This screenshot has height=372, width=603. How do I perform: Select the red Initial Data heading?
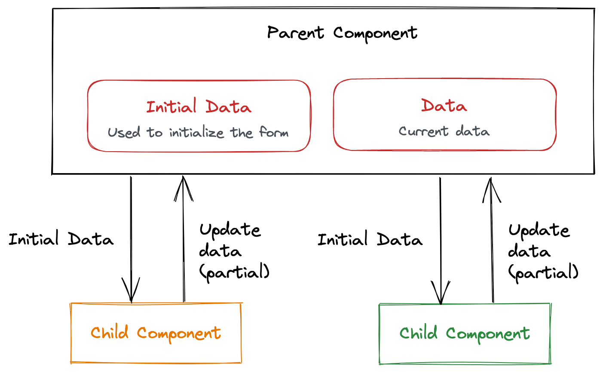click(x=199, y=107)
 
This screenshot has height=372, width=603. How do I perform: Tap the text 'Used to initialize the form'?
click(x=198, y=132)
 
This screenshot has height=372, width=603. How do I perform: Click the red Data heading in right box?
click(x=444, y=106)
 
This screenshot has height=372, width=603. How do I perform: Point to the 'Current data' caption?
click(x=444, y=131)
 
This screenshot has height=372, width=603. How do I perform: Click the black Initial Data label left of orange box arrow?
click(x=61, y=239)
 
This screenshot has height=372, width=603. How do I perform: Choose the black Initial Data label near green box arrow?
click(x=370, y=239)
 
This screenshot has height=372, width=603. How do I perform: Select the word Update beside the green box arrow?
click(x=539, y=231)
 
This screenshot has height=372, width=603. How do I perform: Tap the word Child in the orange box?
click(x=110, y=333)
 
